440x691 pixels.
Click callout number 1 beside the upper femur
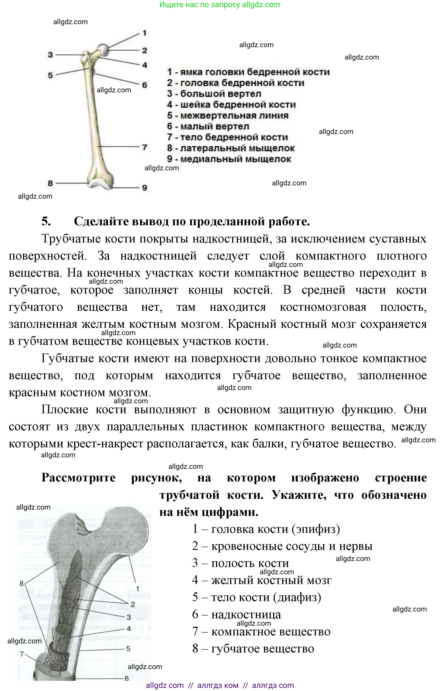(x=145, y=33)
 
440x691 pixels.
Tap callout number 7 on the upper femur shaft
(x=145, y=147)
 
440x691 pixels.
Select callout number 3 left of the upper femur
(x=50, y=54)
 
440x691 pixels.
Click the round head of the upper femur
(x=103, y=49)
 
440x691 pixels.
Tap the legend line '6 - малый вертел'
(x=208, y=126)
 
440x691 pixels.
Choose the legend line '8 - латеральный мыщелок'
(x=231, y=148)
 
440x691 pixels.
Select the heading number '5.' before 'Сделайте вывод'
(x=46, y=221)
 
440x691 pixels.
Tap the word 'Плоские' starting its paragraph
(x=65, y=409)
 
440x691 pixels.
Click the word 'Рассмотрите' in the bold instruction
(x=79, y=478)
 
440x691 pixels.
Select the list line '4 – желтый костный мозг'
(x=262, y=580)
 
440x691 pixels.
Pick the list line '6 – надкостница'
(x=236, y=614)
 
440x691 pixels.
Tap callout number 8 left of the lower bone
(x=21, y=583)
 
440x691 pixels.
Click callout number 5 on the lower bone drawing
(x=128, y=648)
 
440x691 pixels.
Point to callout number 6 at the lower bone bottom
(x=127, y=678)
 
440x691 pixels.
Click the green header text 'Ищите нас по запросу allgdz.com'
(x=220, y=5)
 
